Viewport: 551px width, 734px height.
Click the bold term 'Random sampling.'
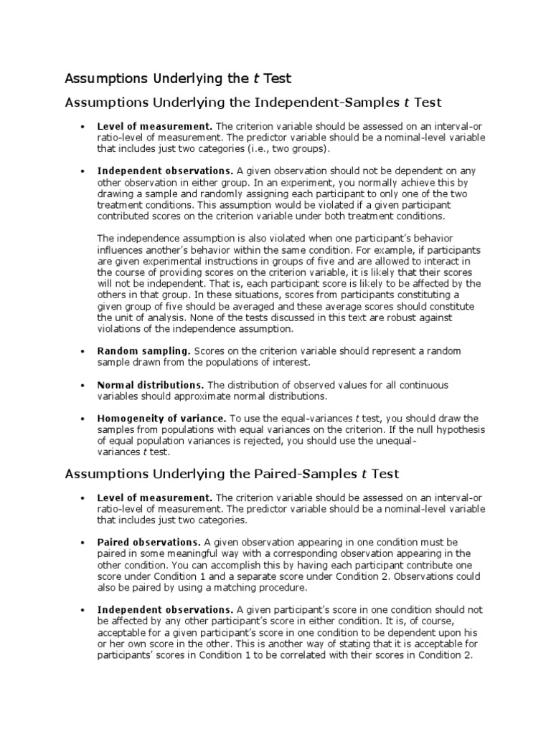click(x=144, y=351)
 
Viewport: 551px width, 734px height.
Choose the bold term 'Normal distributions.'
click(x=151, y=385)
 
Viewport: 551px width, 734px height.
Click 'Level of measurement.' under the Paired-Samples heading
click(x=155, y=497)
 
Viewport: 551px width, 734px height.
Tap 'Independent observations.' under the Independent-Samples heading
click(x=166, y=171)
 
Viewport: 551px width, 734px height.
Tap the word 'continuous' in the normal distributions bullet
click(x=424, y=385)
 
